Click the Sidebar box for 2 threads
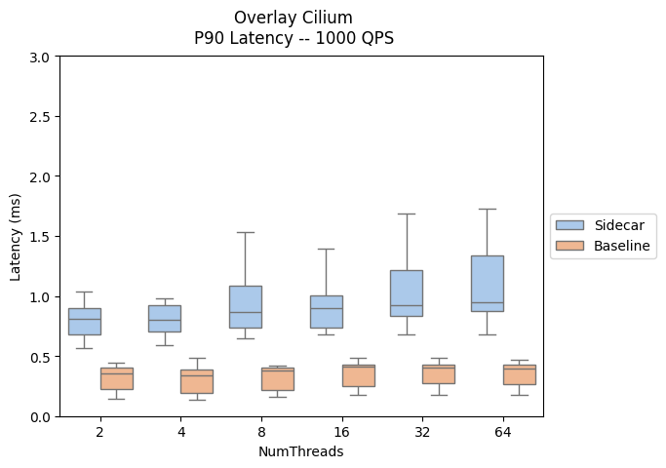[84, 321]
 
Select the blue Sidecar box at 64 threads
[487, 283]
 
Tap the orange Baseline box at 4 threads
[196, 381]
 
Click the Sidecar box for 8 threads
[245, 306]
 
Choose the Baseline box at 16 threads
[358, 375]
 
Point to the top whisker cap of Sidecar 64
[487, 209]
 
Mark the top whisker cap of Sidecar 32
[406, 214]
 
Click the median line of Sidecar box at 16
[326, 308]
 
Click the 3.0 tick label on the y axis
[39, 57]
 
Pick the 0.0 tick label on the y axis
[39, 417]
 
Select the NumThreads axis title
[300, 451]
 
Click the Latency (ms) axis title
[16, 237]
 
